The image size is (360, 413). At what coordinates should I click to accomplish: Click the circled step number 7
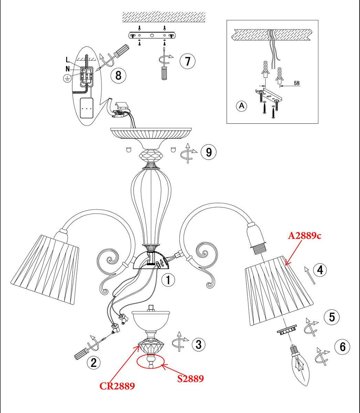pos(188,61)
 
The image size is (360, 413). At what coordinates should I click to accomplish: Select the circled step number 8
pos(118,75)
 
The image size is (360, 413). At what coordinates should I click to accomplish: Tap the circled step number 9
pos(209,152)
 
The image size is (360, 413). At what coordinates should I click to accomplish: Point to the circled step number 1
pos(168,280)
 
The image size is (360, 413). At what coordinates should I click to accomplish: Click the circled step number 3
pos(199,344)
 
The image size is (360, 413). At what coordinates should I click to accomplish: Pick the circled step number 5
pos(332,317)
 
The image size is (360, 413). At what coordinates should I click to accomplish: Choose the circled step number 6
pos(342,347)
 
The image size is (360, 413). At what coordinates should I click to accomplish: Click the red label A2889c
pos(305,236)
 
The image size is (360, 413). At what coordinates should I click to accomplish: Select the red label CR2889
pos(117,386)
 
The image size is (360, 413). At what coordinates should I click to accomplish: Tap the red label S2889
pos(190,379)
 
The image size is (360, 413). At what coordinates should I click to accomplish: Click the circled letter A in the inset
pos(242,106)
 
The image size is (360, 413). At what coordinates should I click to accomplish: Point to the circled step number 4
pos(320,270)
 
